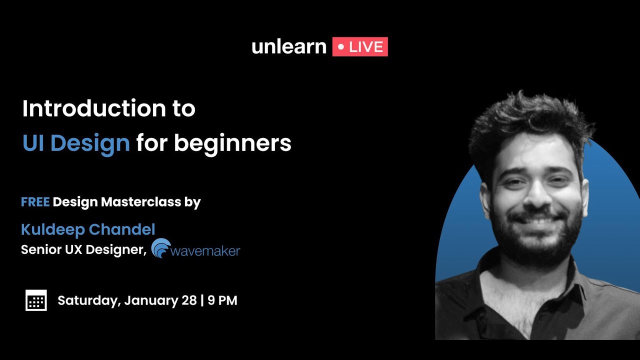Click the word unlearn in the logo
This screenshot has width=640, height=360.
coord(288,47)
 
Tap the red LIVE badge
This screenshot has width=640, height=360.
coord(360,47)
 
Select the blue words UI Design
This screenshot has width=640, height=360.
coord(76,143)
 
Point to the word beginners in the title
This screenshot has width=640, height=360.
coord(232,143)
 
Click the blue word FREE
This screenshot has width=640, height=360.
coord(35,202)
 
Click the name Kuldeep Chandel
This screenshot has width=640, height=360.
coord(88,229)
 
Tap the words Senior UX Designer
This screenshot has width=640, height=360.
coord(83,249)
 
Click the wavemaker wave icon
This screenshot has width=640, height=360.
coord(160,248)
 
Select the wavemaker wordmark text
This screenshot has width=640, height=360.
coord(205,250)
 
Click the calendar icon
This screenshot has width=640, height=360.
coord(36,300)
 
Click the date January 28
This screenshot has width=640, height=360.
coord(160,300)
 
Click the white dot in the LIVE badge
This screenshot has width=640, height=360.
coord(341,47)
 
